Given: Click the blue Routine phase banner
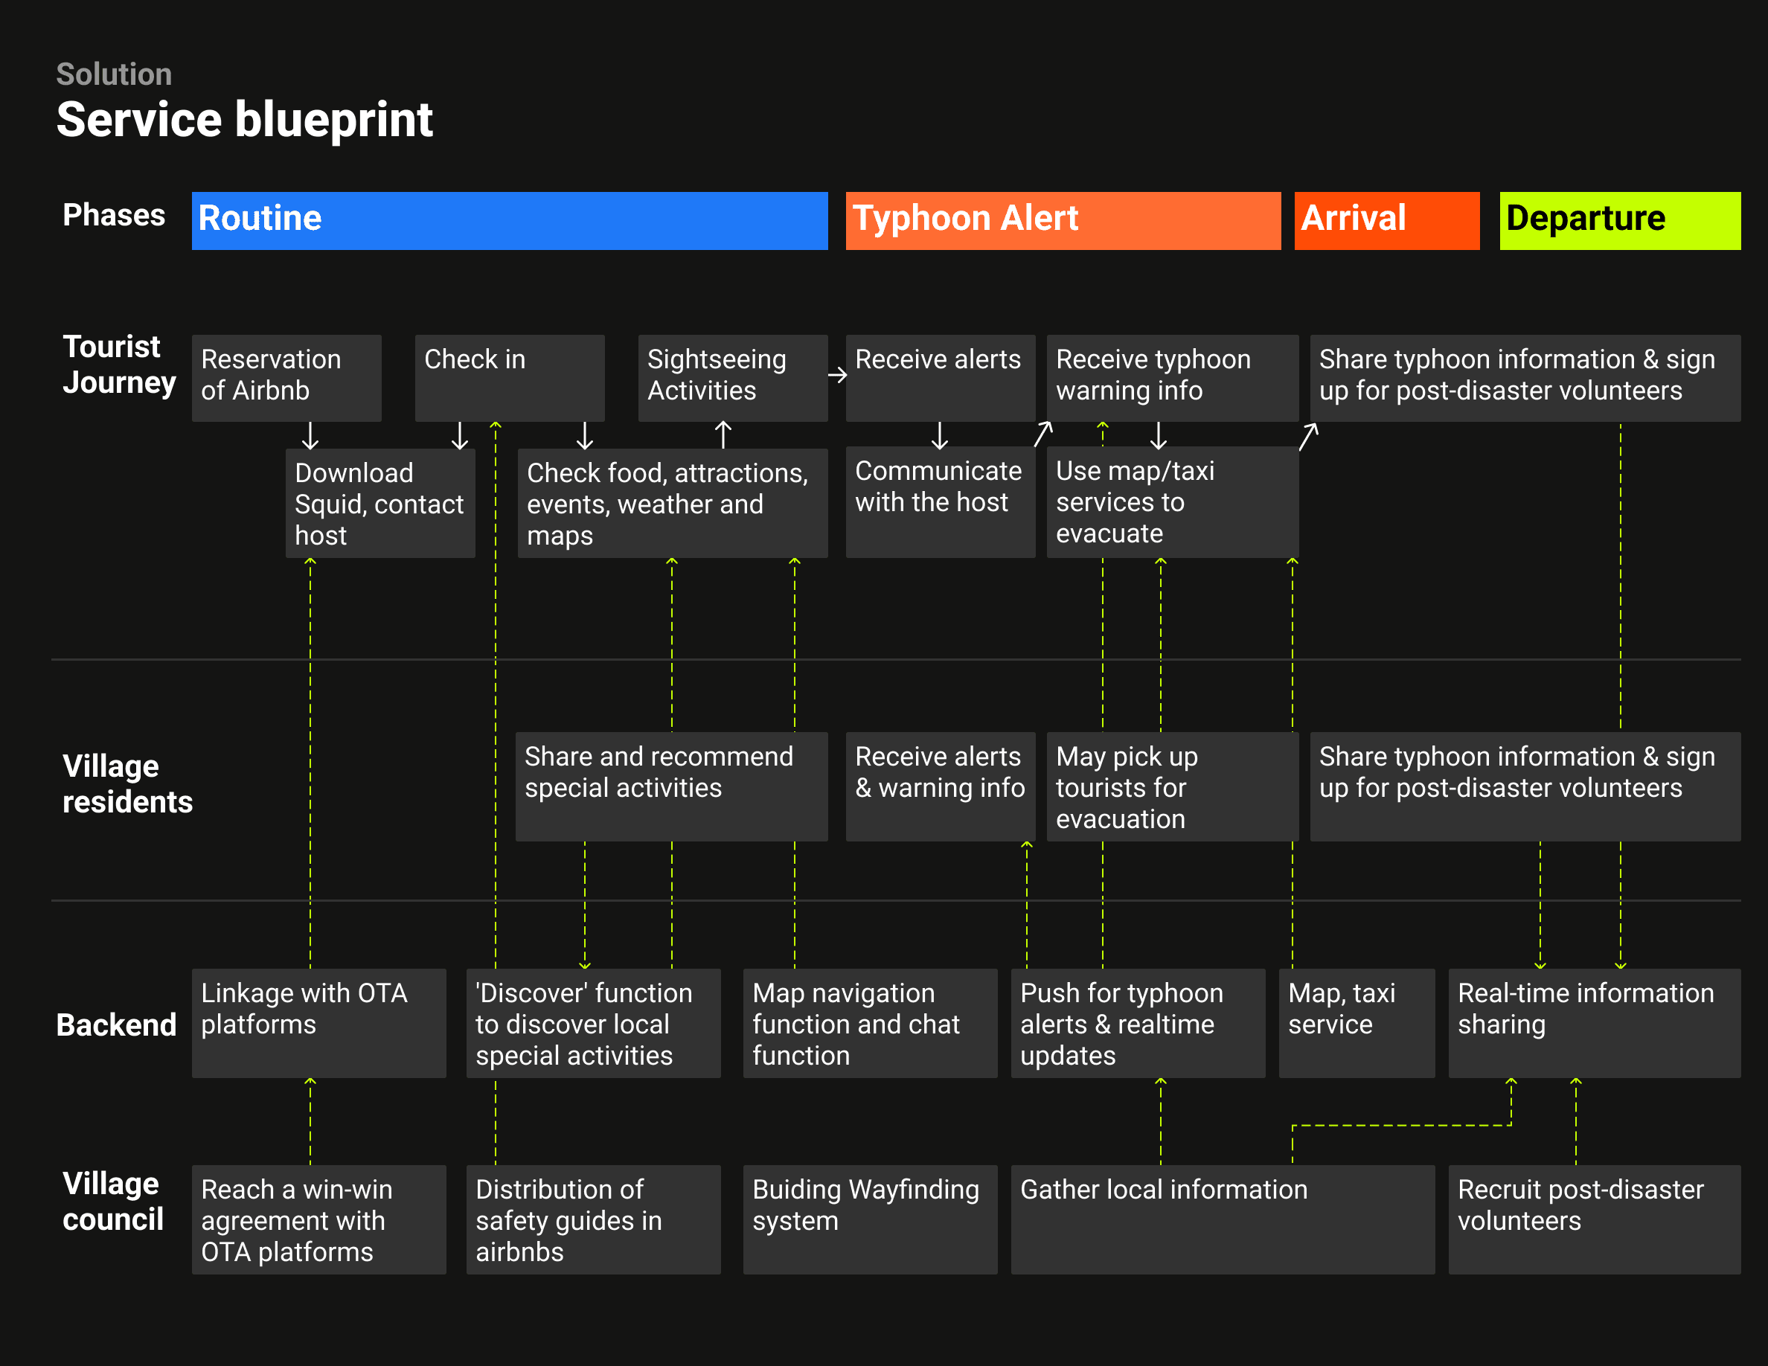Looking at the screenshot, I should point(509,220).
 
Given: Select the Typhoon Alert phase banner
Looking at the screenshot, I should point(1062,220).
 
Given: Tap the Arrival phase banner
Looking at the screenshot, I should point(1386,220).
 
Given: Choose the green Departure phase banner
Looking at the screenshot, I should point(1619,220).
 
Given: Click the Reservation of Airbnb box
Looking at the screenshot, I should point(286,377).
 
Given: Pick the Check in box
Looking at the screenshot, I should point(509,377).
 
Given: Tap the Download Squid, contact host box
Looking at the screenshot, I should point(379,502).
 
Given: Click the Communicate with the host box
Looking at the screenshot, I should point(940,501).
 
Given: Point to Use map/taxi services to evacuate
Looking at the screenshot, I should point(1171,501).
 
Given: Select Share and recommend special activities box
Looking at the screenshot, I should point(671,786).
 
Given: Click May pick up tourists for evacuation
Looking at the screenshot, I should point(1171,786).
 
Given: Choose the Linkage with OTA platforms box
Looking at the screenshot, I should point(318,1022).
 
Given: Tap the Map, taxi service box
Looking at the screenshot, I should point(1356,1022).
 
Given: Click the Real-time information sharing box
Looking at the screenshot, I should point(1593,1022).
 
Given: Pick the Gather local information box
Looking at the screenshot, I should point(1223,1219).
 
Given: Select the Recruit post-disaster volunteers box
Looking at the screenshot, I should point(1593,1219).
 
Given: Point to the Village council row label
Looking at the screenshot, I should point(113,1201).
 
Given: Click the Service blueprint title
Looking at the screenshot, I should point(245,120).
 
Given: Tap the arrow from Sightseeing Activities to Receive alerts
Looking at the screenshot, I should point(837,375).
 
